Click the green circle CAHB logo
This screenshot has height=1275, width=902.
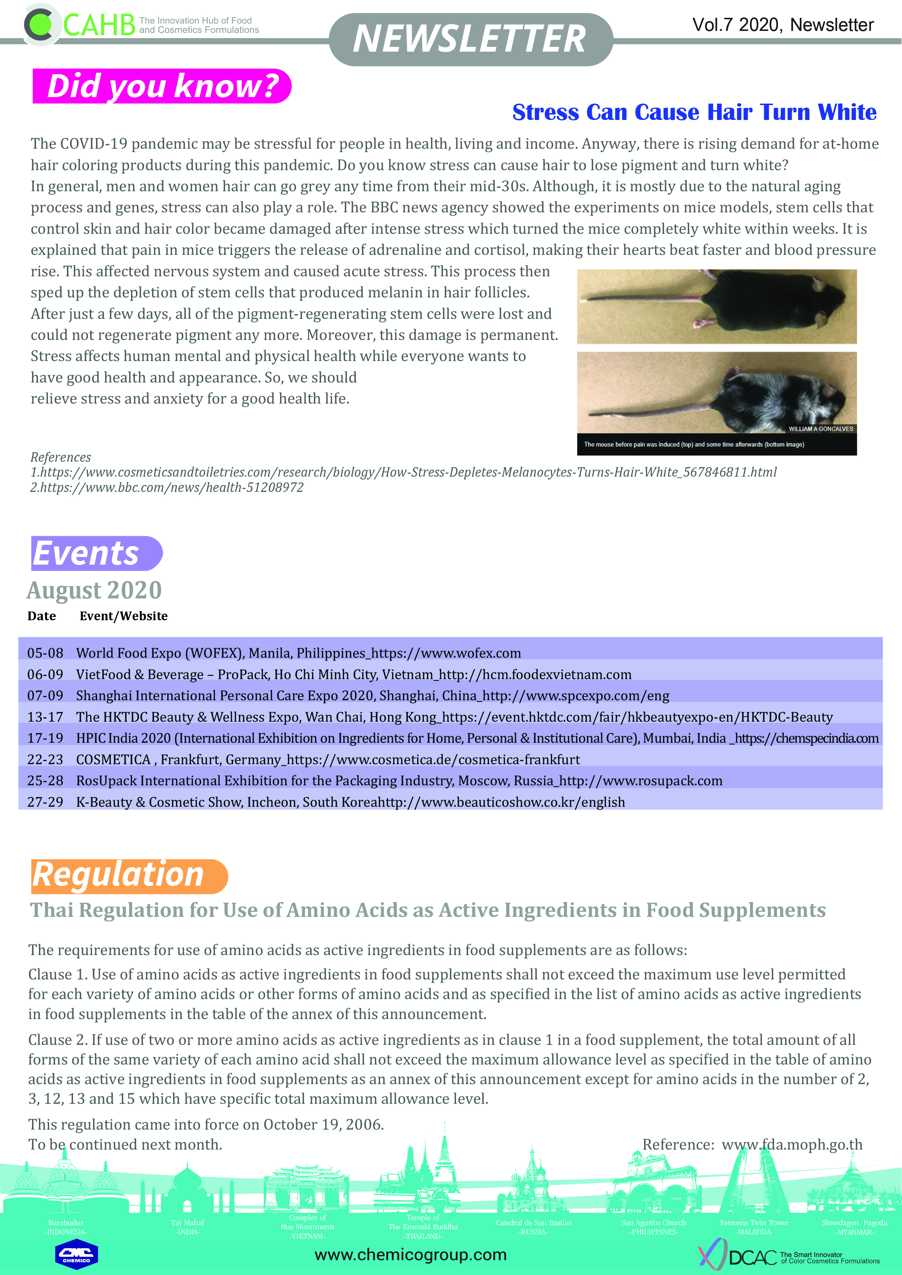point(40,24)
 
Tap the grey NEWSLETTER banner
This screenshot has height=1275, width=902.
point(470,39)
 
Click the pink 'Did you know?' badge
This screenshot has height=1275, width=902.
point(161,86)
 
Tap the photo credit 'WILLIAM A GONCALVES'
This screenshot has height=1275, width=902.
point(821,429)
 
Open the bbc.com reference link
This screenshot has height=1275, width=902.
point(167,488)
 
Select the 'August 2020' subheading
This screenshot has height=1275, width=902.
point(95,590)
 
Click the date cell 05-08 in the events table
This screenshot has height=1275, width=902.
point(45,653)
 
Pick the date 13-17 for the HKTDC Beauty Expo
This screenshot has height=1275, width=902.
point(45,717)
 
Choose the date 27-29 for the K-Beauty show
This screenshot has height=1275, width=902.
point(45,802)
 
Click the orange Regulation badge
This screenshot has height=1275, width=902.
point(128,876)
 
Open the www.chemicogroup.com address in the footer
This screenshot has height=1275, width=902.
point(411,1254)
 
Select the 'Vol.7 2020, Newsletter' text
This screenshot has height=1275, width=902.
point(783,25)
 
